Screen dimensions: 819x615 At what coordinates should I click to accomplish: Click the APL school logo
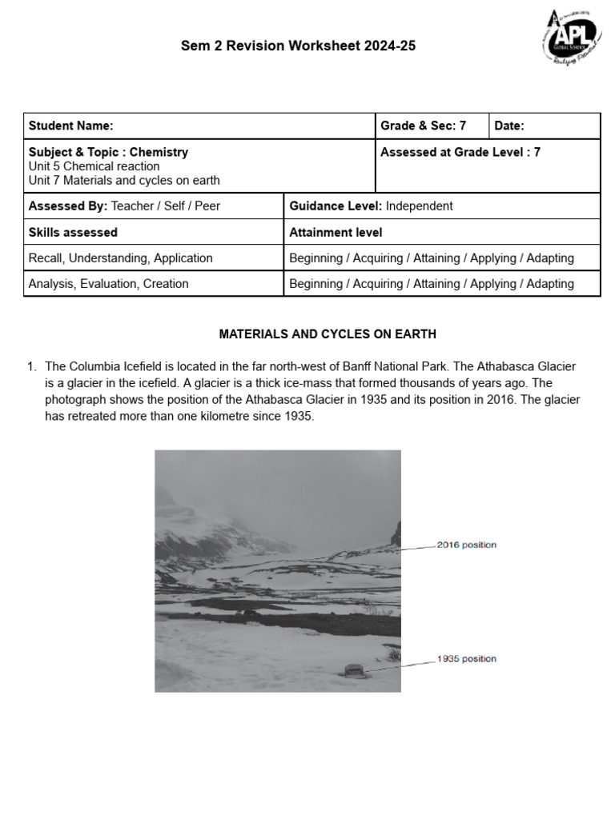[571, 38]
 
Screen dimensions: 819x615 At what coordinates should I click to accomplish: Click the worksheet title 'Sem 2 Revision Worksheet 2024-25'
[299, 46]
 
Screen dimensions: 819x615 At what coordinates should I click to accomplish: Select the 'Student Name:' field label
[71, 126]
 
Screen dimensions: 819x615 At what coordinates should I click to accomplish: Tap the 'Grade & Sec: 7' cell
[423, 126]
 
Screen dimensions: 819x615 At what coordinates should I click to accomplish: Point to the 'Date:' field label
[509, 126]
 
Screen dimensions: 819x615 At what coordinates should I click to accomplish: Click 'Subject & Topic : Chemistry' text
[109, 152]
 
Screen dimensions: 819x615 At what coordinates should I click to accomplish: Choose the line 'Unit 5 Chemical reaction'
[94, 166]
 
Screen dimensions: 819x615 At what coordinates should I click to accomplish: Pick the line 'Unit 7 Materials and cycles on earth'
[124, 181]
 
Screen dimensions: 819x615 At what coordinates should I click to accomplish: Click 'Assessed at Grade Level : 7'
[460, 152]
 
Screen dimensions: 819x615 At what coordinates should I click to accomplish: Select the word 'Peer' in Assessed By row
[207, 206]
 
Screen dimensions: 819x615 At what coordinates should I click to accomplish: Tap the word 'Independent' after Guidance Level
[419, 206]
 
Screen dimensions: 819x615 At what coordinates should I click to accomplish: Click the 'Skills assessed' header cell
[73, 232]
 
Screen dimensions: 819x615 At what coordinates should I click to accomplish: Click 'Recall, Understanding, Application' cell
[121, 258]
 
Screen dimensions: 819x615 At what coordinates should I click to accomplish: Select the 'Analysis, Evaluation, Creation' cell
[109, 283]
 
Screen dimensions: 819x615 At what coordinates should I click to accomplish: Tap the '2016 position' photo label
[467, 545]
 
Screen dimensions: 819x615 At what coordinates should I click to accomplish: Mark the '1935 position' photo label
[467, 659]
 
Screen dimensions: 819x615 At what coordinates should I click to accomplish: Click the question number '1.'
[33, 366]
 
